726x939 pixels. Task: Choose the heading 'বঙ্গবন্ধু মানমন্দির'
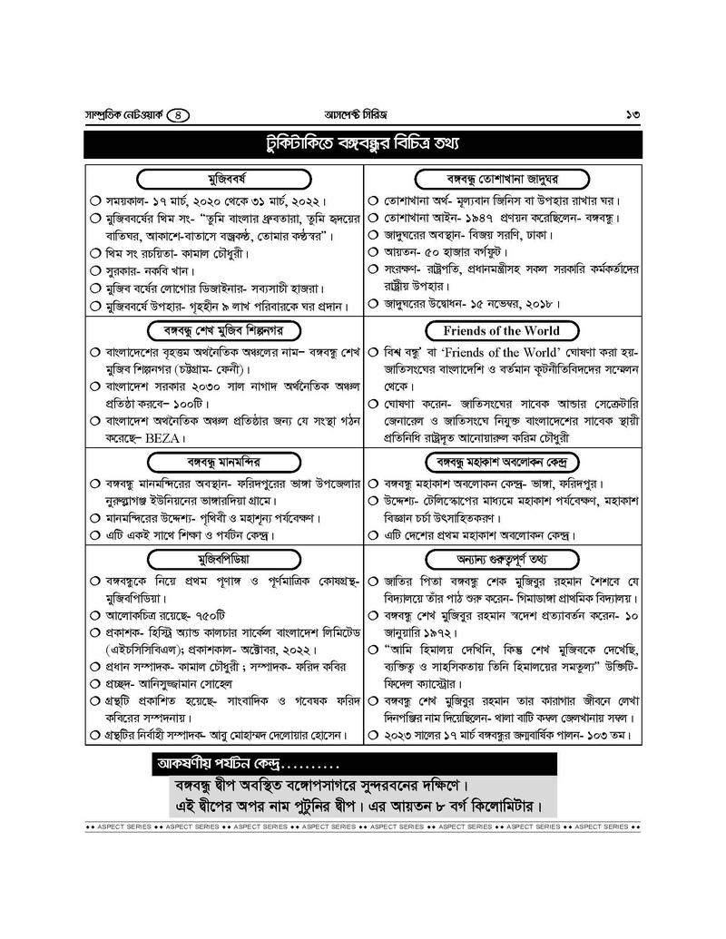pos(223,461)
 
